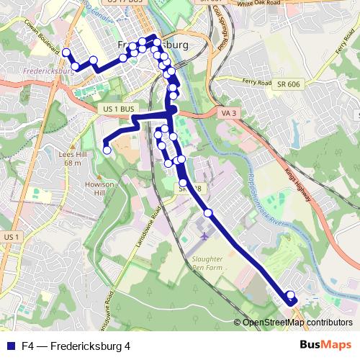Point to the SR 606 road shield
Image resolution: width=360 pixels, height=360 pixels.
click(288, 85)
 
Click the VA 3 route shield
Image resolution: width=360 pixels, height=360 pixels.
click(228, 114)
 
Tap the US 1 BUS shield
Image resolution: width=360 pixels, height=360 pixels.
click(115, 109)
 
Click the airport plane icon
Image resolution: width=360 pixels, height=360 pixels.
click(204, 236)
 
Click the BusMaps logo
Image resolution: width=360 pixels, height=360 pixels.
click(325, 345)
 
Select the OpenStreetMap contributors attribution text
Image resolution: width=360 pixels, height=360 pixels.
click(297, 322)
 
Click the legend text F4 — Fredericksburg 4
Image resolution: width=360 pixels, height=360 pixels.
click(76, 346)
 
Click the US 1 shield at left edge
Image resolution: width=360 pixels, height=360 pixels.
click(10, 236)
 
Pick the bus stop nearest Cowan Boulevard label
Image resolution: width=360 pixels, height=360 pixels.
click(66, 53)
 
